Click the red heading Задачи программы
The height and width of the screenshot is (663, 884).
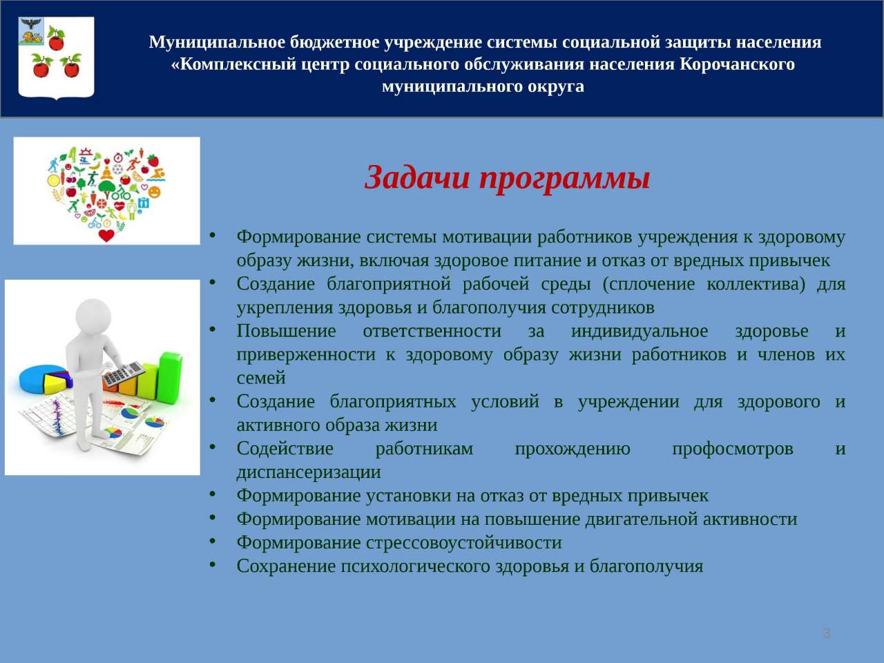(507, 178)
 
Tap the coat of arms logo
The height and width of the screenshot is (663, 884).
(57, 57)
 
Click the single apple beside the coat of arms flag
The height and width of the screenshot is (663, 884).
(56, 38)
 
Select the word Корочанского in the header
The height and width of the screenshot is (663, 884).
(738, 64)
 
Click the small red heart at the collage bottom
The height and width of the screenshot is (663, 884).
(106, 236)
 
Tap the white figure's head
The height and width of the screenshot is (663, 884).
(93, 315)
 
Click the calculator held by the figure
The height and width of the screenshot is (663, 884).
(123, 374)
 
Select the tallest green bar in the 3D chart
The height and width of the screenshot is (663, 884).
(170, 377)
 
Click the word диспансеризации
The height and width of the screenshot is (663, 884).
(309, 472)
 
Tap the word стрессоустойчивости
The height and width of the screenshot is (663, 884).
(464, 543)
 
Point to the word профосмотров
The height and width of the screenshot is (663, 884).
(733, 448)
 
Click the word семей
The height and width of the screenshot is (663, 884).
(261, 378)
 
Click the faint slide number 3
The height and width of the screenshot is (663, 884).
(827, 633)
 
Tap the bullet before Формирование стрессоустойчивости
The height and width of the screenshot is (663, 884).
(213, 541)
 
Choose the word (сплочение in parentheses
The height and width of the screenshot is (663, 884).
(648, 285)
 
